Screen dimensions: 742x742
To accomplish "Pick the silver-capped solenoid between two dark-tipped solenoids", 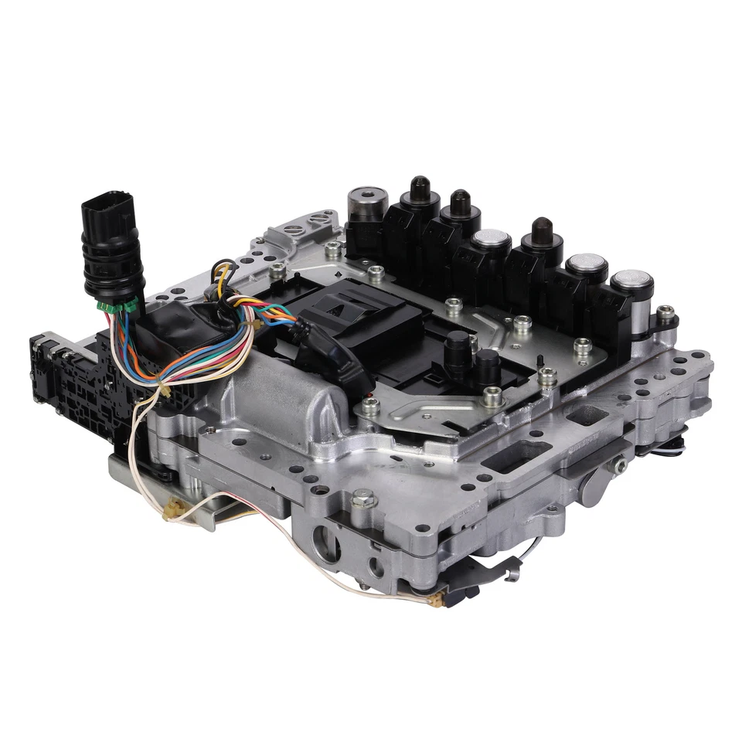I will [x=489, y=240].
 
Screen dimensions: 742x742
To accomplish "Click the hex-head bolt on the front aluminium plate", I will [x=363, y=500].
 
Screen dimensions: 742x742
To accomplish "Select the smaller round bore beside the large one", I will [x=376, y=567].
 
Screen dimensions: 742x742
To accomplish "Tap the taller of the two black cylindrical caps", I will [x=458, y=348].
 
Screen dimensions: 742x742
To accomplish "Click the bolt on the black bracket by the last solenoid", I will [x=664, y=313].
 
